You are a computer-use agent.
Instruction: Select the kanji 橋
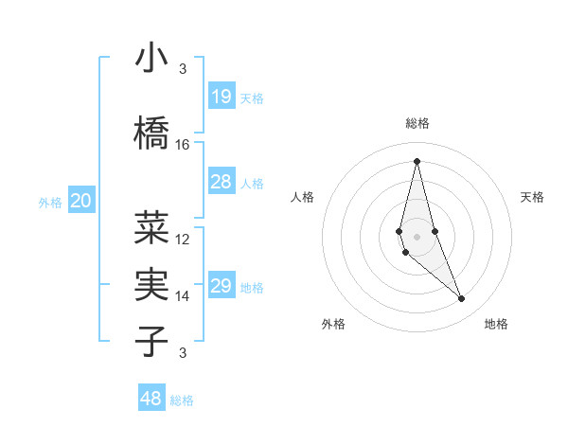coord(151,133)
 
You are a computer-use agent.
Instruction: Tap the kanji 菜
coord(151,227)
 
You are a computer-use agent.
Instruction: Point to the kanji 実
coord(151,283)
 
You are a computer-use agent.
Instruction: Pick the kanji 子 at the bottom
coord(151,340)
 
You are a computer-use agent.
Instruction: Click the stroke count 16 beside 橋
coord(183,145)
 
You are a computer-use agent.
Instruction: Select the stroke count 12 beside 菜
coord(183,239)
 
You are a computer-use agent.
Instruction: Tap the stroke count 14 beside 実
coord(183,295)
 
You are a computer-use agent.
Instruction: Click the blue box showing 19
coord(221,97)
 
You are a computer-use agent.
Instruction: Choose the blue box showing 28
coord(221,182)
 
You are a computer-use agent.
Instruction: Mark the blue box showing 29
coord(221,286)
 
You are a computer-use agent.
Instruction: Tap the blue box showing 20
coord(81,201)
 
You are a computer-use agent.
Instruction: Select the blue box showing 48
coord(151,399)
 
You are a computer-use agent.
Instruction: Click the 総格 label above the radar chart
coord(417,123)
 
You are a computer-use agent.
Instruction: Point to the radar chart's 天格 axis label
coord(532,197)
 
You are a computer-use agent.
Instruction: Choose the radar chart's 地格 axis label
coord(496,324)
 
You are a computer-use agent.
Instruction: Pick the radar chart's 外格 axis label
coord(333,324)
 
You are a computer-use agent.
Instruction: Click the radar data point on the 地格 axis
coord(462,299)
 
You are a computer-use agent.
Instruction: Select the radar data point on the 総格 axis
coord(417,160)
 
